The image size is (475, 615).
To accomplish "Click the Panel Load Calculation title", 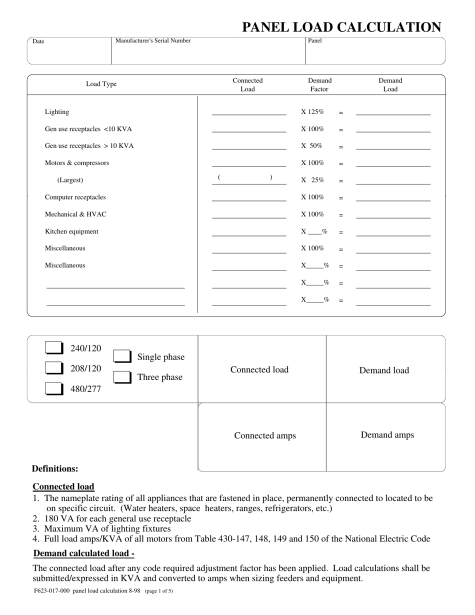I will point(341,27).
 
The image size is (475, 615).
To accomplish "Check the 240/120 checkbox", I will point(54,347).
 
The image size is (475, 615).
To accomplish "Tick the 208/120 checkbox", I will point(54,368).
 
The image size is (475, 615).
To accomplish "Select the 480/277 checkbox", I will point(54,388).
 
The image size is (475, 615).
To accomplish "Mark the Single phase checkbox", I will point(122,356).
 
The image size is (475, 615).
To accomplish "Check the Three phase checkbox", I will point(122,377).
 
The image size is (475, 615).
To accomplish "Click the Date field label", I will point(38,41).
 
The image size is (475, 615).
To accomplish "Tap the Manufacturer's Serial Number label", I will point(153,41).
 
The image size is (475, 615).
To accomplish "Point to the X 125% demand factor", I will point(312,112).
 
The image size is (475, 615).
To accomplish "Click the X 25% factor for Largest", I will point(312,180).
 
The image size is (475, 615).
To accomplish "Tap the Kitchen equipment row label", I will point(71,231).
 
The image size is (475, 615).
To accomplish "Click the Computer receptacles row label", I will point(75,197).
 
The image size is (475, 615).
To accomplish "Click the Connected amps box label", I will point(265,436).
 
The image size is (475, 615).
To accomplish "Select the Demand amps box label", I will point(387,435).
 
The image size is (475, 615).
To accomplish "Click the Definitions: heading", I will point(55,469).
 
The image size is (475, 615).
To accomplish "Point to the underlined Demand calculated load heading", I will point(83,553).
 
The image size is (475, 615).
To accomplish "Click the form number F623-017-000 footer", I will point(54,591).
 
